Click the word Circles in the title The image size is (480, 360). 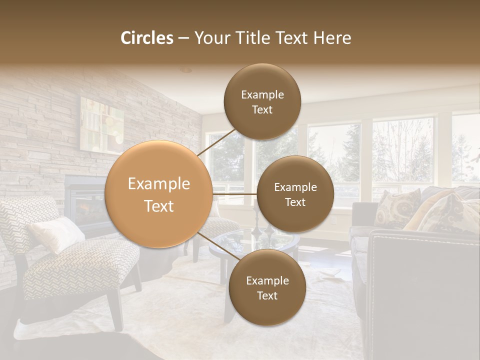(x=147, y=38)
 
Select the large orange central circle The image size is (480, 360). (x=158, y=194)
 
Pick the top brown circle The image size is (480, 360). (x=262, y=101)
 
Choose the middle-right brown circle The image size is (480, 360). (x=295, y=194)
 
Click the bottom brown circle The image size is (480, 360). (x=267, y=287)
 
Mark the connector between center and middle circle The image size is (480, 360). (x=234, y=193)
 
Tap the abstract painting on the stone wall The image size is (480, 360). (x=101, y=125)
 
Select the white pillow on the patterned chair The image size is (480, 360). (x=56, y=233)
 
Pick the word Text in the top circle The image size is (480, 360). (x=262, y=109)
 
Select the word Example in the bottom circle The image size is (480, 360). (x=267, y=280)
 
